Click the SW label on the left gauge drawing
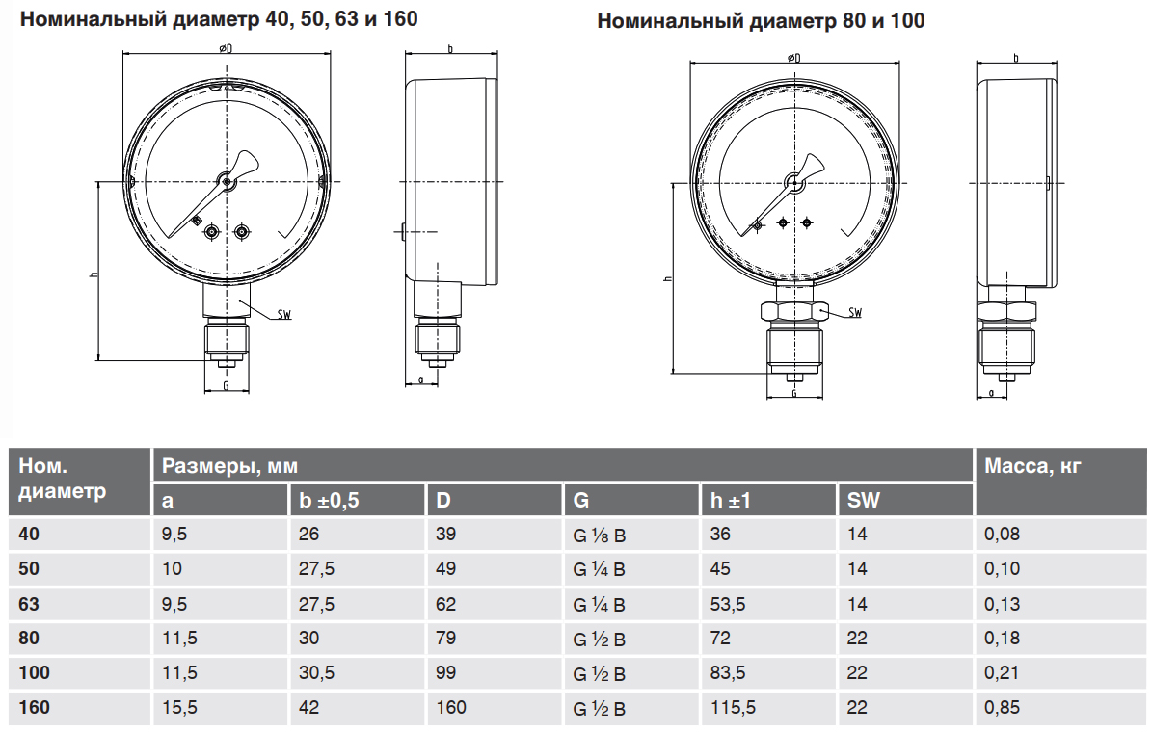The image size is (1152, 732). [284, 315]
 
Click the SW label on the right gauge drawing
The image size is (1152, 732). [855, 313]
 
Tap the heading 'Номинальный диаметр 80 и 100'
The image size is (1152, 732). [761, 20]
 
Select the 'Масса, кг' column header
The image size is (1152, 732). [1032, 466]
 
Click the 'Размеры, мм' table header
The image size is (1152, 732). [229, 466]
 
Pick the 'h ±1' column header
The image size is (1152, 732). [731, 501]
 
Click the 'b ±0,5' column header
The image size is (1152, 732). [329, 501]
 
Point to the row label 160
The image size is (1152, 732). [35, 708]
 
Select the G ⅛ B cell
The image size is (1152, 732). [600, 536]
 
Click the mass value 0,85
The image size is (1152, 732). [1003, 708]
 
